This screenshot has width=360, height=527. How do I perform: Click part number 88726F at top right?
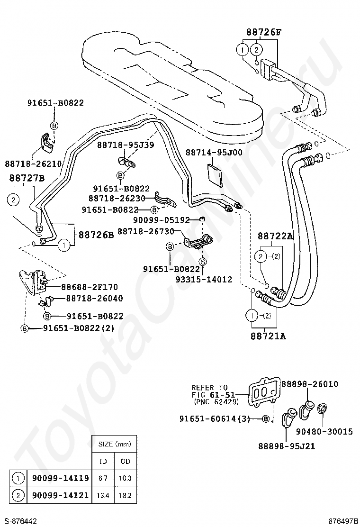click(x=264, y=32)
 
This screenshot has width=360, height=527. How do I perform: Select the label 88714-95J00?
click(x=214, y=153)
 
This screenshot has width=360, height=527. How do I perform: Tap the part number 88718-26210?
click(x=33, y=164)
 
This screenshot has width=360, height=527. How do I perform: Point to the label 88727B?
click(x=27, y=178)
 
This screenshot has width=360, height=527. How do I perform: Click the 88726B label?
click(x=96, y=235)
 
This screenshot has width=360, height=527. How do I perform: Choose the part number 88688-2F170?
click(x=90, y=287)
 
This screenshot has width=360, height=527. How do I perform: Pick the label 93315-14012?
click(x=204, y=279)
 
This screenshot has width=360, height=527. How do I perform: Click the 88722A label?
click(x=275, y=236)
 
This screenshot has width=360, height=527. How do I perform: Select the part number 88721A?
click(x=268, y=336)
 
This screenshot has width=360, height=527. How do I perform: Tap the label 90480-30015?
click(x=324, y=431)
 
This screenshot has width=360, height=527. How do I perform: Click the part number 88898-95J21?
click(x=287, y=446)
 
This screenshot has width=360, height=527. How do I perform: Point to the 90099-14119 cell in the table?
click(x=61, y=478)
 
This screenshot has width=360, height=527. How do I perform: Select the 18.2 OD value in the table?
click(x=125, y=495)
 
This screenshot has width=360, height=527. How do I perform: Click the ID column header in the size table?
click(x=103, y=461)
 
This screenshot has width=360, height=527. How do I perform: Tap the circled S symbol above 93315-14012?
click(x=203, y=262)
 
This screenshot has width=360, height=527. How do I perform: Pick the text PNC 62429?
click(x=216, y=401)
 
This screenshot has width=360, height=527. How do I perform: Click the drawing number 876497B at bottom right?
click(x=343, y=521)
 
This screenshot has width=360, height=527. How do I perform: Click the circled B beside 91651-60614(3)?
click(x=265, y=419)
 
